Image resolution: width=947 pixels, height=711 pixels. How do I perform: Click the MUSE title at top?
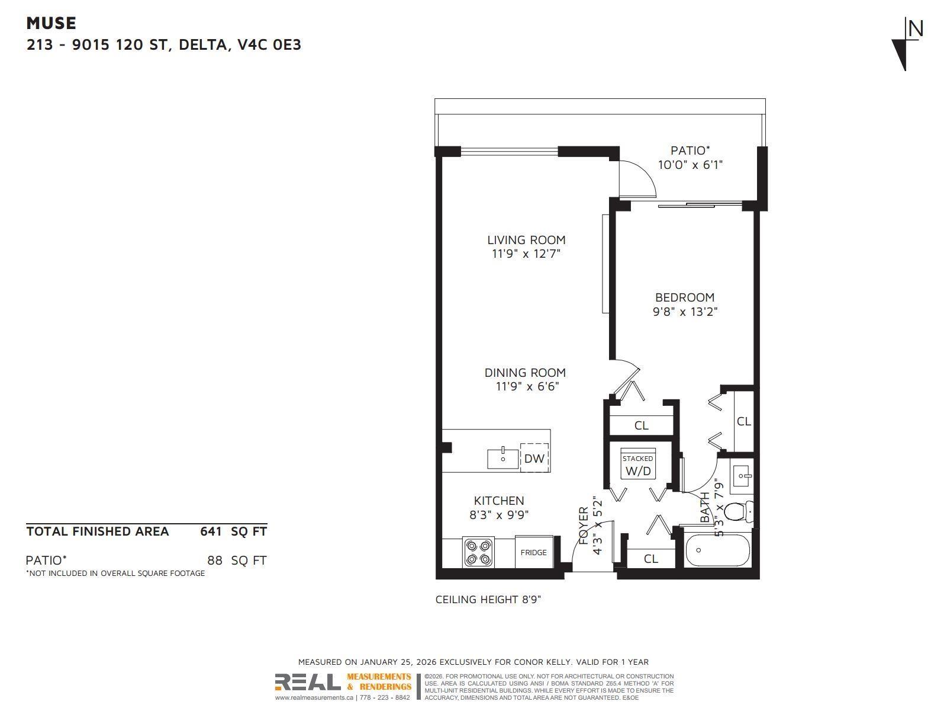[x=51, y=23]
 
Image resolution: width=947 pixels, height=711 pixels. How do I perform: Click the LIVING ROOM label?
[x=526, y=240]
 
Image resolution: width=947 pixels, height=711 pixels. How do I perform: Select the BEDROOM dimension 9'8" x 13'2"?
[x=685, y=312]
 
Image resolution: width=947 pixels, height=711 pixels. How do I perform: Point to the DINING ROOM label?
[x=525, y=373]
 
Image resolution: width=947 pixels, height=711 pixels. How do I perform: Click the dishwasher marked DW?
[x=534, y=458]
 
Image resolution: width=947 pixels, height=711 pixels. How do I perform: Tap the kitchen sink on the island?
[x=503, y=459]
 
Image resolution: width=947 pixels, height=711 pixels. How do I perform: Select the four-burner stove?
[x=479, y=552]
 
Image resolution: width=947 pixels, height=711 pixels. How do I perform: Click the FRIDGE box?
[x=533, y=552]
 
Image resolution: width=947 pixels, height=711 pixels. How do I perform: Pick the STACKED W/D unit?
[x=637, y=465]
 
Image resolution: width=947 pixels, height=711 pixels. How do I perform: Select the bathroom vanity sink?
[x=742, y=475]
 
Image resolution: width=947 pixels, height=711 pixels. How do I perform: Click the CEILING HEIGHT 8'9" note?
[x=488, y=600]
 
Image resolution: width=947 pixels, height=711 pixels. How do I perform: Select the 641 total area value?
[x=211, y=531]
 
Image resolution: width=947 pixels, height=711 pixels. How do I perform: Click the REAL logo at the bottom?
[x=308, y=683]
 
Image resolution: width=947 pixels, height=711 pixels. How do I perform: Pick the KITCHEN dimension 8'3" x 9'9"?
[x=499, y=515]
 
